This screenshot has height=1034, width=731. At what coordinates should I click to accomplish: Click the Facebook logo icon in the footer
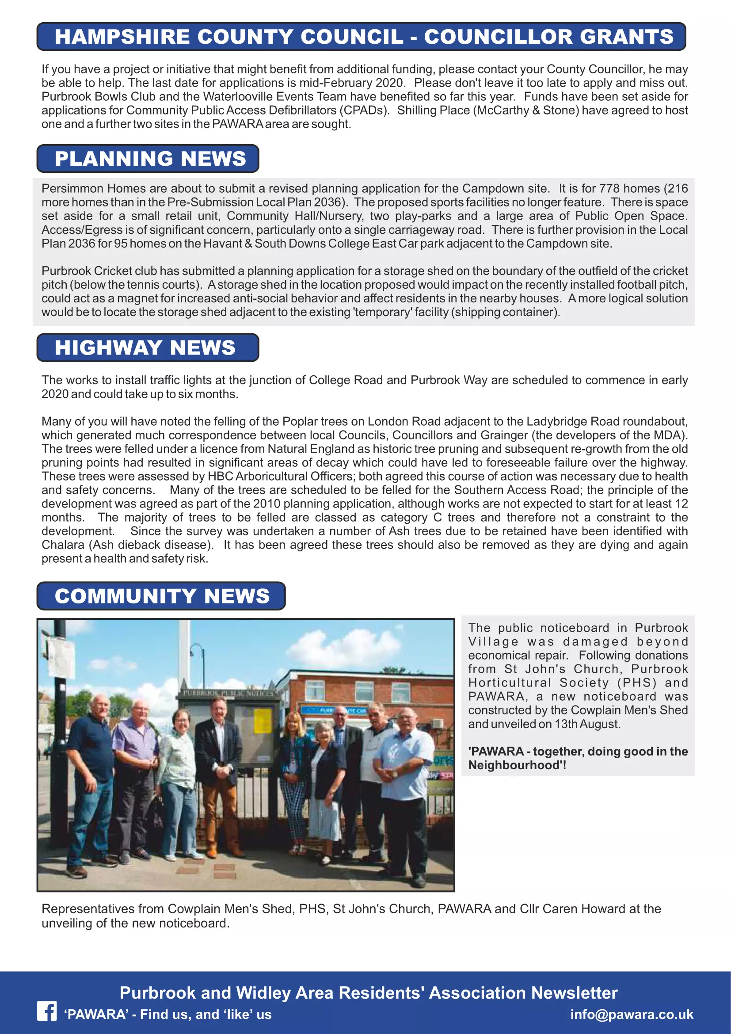(47, 1011)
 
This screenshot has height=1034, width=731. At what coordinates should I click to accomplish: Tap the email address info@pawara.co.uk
(632, 1014)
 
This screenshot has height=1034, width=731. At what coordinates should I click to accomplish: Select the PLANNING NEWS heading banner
(148, 159)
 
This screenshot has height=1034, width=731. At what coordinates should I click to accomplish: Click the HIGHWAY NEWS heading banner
(148, 347)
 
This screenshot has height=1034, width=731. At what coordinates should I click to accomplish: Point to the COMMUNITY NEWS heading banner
(161, 596)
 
